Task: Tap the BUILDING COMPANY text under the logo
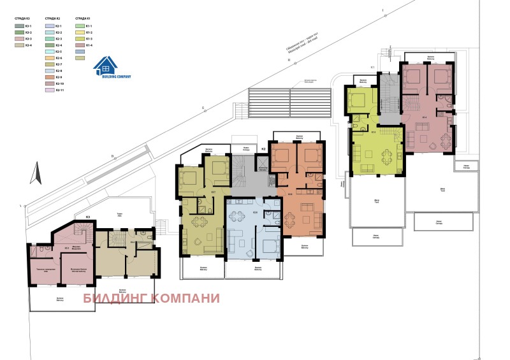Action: (115, 76)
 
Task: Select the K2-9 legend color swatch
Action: (50, 76)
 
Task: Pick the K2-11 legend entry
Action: (50, 90)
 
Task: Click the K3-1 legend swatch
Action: (18, 26)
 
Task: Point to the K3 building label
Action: (88, 217)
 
